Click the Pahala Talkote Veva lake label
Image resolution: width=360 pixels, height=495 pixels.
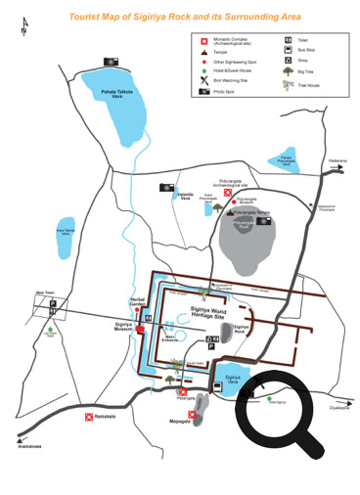(117, 94)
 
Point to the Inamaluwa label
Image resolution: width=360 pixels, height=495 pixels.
(29, 445)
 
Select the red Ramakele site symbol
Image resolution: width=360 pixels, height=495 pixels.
(89, 416)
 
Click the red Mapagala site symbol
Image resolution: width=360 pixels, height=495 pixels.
(192, 414)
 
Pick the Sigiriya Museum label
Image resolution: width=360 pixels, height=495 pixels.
(123, 327)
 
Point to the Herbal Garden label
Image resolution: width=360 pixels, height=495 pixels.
(137, 302)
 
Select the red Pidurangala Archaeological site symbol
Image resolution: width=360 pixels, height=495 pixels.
(227, 193)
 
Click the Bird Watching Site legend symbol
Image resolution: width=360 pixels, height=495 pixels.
(205, 80)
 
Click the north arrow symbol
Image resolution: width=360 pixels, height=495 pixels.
(22, 30)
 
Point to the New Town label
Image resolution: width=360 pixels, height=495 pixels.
(45, 292)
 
